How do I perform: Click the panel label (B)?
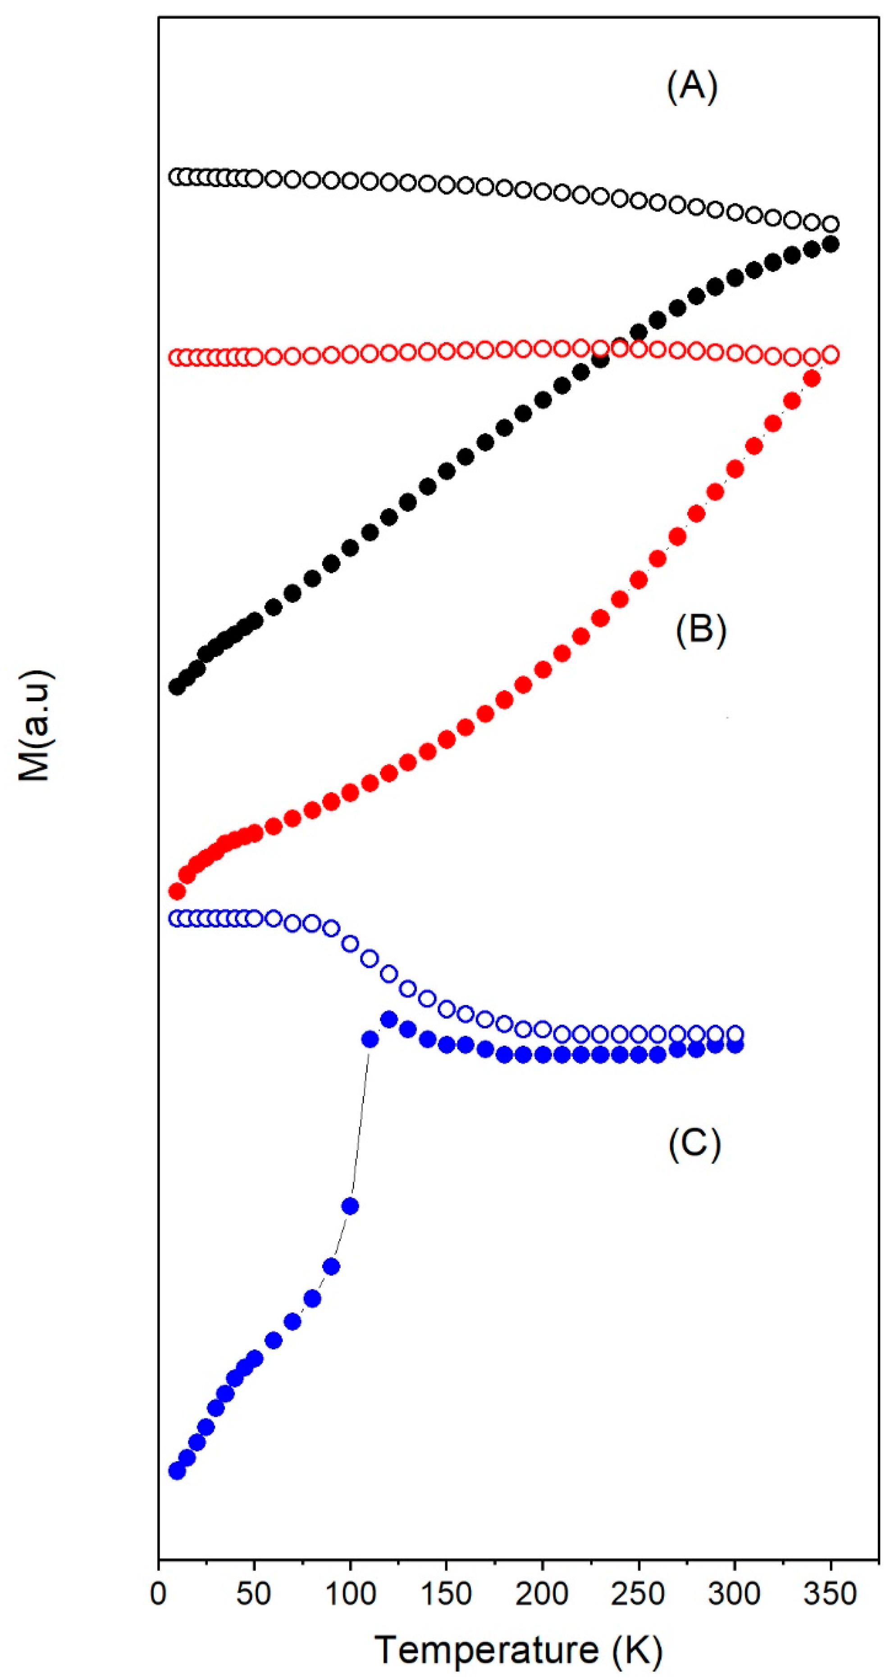coord(701,631)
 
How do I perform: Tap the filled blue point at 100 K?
coord(350,1206)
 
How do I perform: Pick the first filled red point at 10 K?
coord(177,891)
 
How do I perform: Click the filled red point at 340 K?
coord(812,378)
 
